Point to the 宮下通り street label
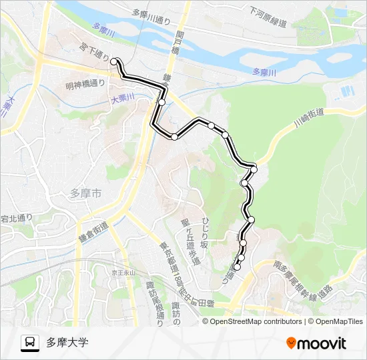tap(93, 53)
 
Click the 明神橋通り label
tap(85, 84)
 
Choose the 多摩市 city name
tap(85, 194)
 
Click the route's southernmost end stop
tap(238, 267)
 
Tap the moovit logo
tap(316, 343)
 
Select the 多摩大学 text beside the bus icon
tap(67, 343)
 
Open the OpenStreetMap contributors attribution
tap(256, 321)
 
